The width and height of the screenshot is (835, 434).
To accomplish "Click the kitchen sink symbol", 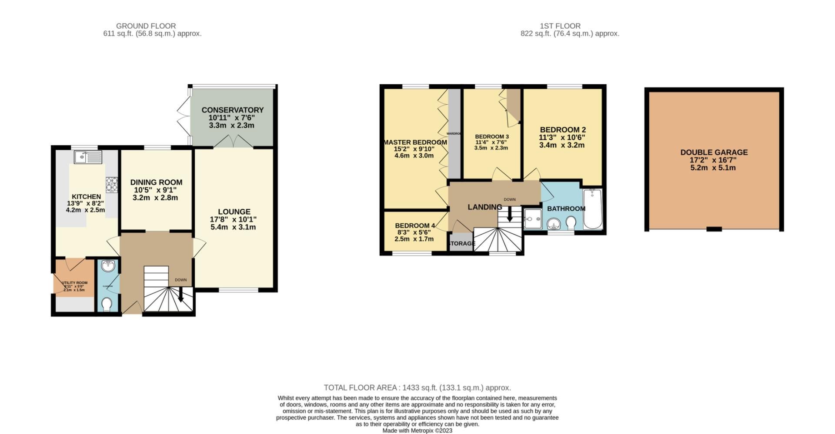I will [88, 157].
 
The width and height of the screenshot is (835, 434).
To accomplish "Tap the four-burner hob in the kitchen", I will [112, 184].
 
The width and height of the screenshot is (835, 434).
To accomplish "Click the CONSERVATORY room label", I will [232, 110].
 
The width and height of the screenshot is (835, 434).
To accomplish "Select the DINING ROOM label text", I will [156, 182].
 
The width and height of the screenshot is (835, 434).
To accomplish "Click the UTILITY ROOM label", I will [75, 283].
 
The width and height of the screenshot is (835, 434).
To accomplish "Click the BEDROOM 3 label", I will [491, 136].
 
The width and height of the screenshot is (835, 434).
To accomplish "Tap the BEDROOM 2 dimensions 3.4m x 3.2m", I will [561, 145].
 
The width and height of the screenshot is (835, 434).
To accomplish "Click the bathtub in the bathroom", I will [592, 209].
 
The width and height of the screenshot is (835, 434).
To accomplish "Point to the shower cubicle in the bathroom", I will [532, 219].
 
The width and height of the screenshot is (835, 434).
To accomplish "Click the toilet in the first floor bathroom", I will [571, 224].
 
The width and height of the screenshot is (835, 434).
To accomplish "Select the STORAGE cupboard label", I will [462, 243].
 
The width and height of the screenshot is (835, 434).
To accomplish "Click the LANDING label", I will [484, 207].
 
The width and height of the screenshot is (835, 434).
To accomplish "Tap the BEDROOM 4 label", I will [414, 225].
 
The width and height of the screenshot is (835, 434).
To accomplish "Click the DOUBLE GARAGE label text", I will [714, 152].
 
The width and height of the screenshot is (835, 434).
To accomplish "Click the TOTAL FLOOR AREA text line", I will [417, 388].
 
